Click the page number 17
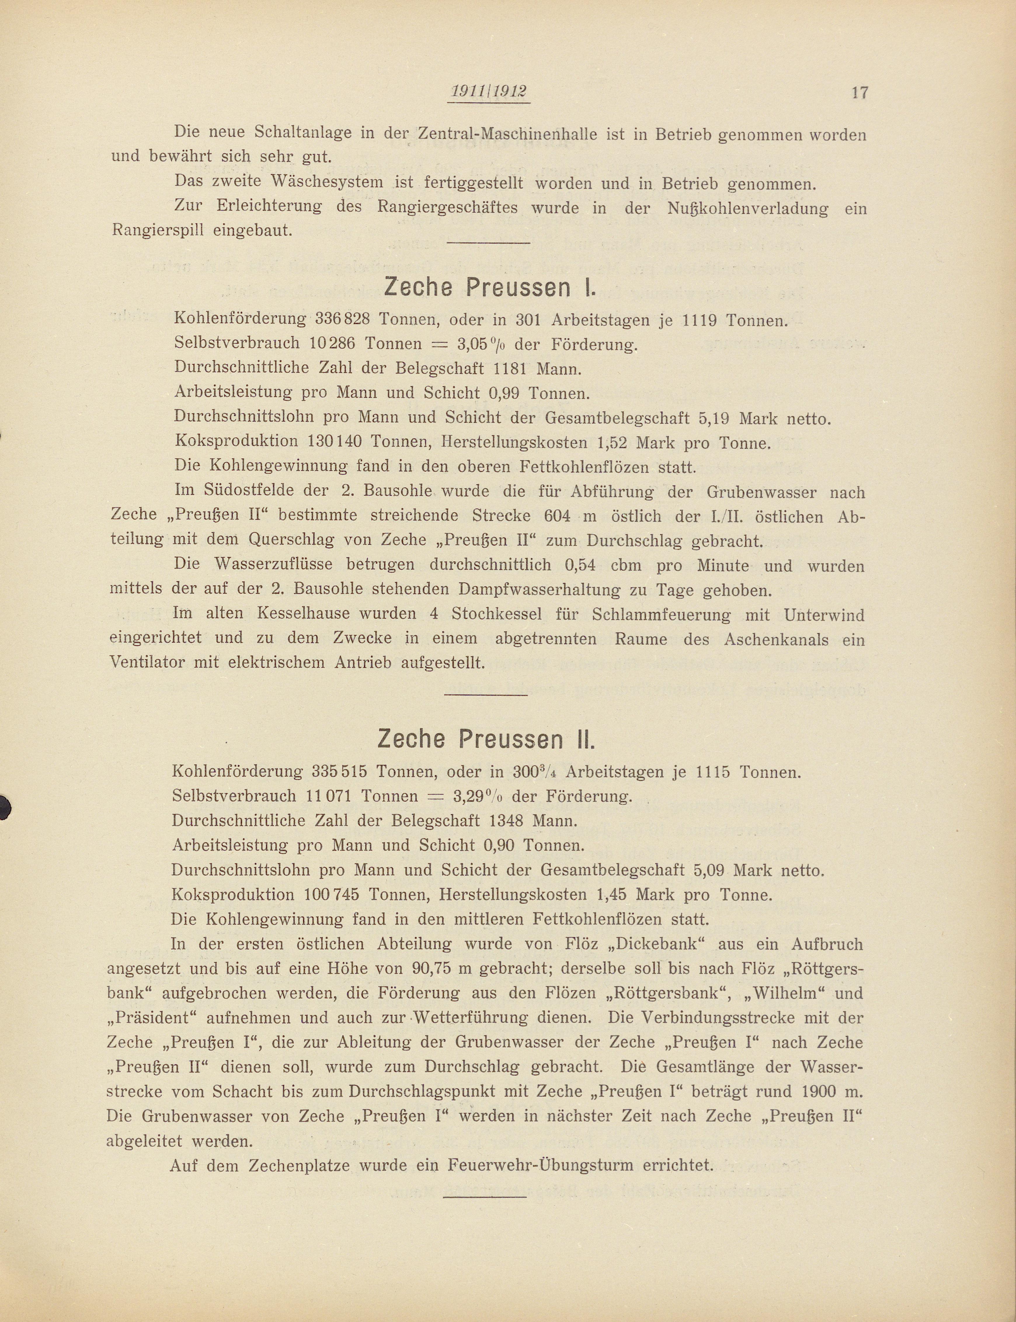pos(860,93)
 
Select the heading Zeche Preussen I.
pos(490,288)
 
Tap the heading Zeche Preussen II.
pos(487,739)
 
